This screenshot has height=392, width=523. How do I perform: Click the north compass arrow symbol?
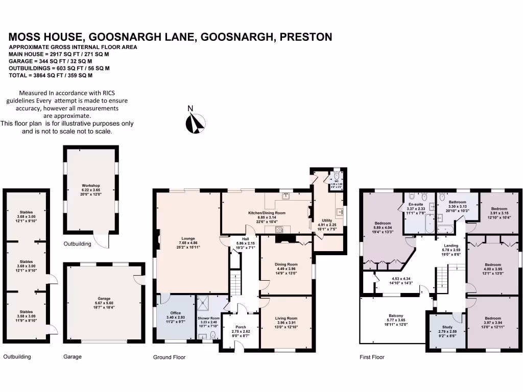[x=196, y=123]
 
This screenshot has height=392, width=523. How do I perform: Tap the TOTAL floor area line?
[x=51, y=75]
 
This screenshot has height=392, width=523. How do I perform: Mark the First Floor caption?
[x=372, y=357]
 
